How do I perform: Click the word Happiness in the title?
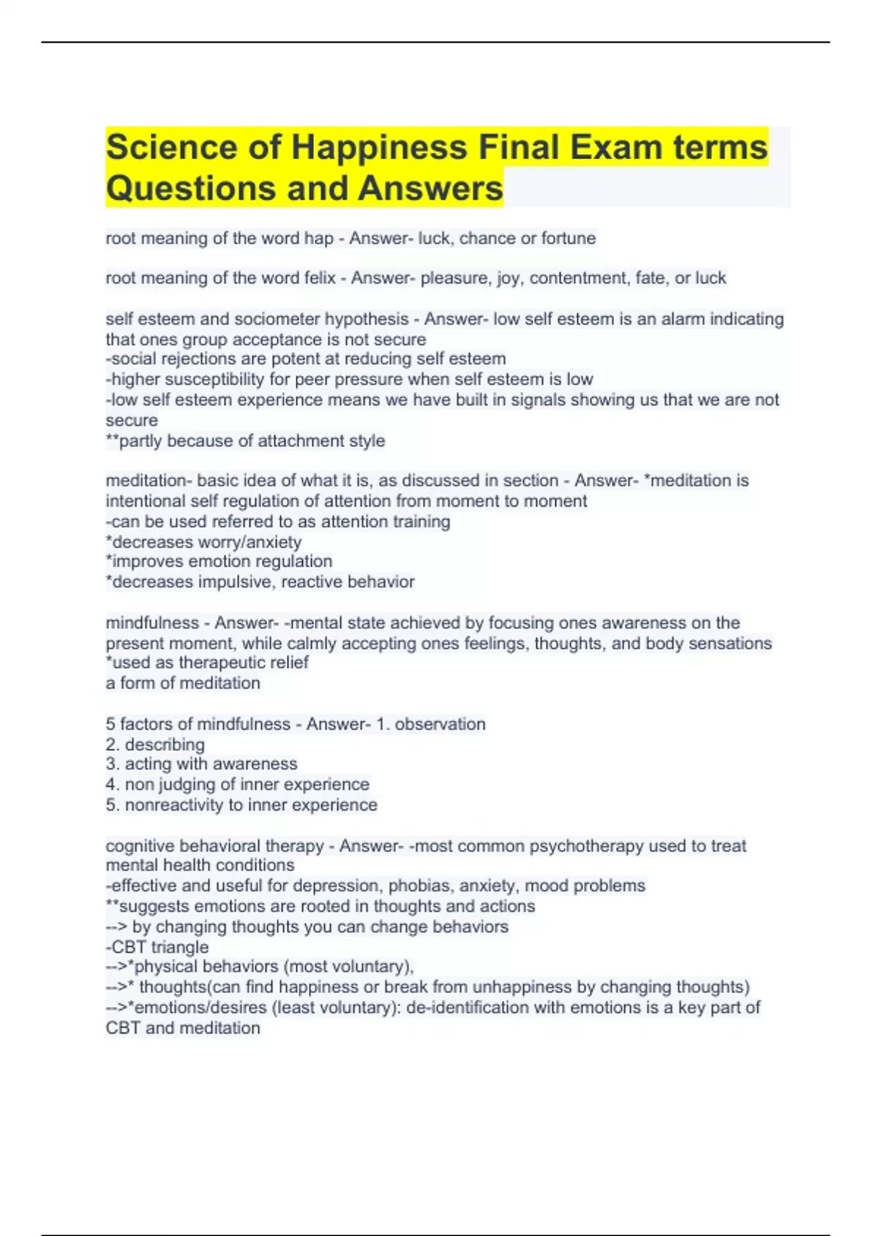pos(379,148)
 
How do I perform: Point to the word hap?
pos(320,238)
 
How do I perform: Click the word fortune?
pos(568,238)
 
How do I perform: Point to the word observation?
pos(440,724)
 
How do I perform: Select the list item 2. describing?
pos(156,745)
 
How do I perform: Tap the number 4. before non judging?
pos(113,784)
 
